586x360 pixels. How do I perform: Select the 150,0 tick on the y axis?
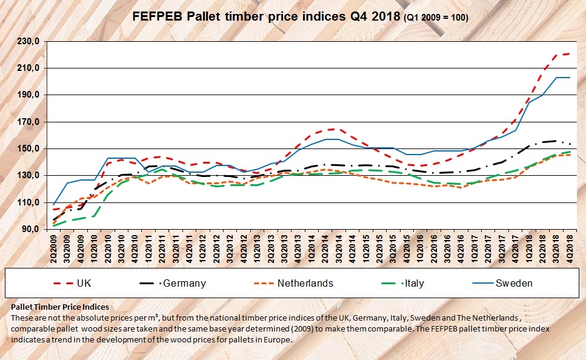pyautogui.click(x=28, y=148)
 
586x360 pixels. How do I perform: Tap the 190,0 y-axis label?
pyautogui.click(x=28, y=95)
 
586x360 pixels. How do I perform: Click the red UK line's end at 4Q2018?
pyautogui.click(x=570, y=53)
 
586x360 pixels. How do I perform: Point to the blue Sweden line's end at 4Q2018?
pyautogui.click(x=570, y=78)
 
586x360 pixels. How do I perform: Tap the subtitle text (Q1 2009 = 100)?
pyautogui.click(x=435, y=19)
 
